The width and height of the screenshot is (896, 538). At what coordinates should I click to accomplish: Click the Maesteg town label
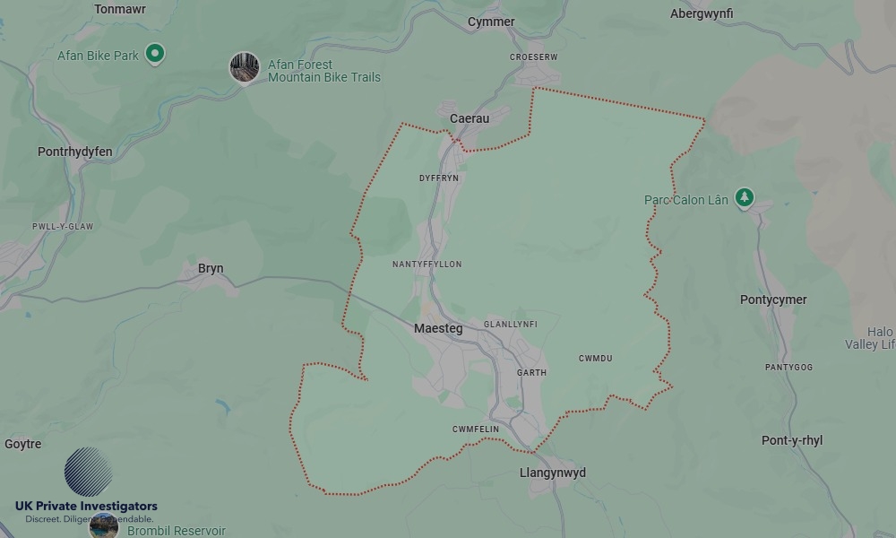coord(438,329)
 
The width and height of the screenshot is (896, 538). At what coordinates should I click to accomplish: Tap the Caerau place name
coord(470,118)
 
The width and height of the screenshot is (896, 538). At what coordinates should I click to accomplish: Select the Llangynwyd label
coord(553,473)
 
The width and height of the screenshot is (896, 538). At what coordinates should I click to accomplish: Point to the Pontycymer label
coord(773,299)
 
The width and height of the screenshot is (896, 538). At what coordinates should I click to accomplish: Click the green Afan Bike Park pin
coord(155,54)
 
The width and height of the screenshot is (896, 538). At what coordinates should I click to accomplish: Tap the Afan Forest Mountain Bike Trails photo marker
coord(244,67)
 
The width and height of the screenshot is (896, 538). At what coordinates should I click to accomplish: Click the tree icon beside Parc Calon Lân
coord(744,197)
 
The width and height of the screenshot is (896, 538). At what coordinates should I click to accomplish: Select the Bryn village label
coord(211,268)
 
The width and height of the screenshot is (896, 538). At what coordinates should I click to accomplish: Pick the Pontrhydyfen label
coord(75,152)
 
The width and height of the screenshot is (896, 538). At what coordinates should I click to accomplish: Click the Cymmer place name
coord(491,22)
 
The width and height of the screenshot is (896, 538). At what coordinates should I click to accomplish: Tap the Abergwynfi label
coord(702,13)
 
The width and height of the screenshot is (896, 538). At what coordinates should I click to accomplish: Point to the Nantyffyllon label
coord(427,265)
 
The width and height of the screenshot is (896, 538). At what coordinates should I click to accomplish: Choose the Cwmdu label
coord(596,359)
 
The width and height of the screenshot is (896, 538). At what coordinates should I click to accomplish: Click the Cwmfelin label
coord(476,430)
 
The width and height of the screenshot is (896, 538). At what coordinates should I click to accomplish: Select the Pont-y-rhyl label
coord(792,440)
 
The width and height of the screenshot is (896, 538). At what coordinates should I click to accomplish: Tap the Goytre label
coord(23,444)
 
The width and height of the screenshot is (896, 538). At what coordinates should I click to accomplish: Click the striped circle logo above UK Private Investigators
coord(88,472)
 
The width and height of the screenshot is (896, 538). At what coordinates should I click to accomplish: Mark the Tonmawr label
coord(120,9)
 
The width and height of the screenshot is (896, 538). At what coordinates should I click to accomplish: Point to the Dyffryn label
coord(439,178)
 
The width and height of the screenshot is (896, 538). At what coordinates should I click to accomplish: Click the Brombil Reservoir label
coord(177,531)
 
